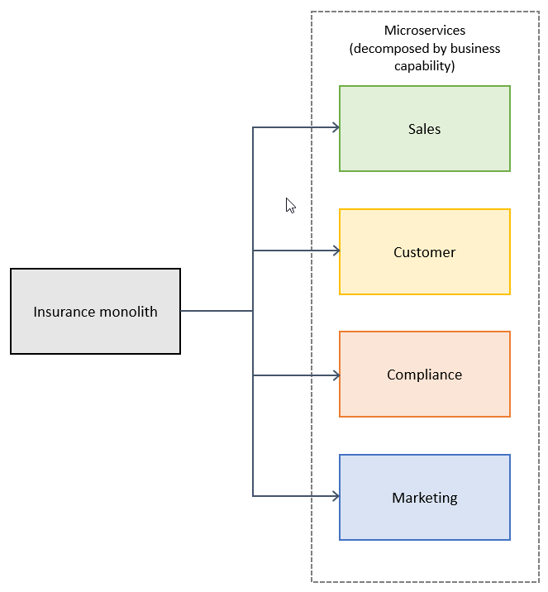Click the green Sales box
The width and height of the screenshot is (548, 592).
click(x=424, y=149)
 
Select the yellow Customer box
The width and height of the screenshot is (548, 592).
click(x=424, y=273)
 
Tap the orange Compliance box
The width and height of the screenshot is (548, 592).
click(x=424, y=395)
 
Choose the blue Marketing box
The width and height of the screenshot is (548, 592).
click(x=424, y=518)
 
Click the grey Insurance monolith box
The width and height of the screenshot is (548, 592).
click(x=95, y=331)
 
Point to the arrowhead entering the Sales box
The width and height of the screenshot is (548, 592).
click(x=336, y=127)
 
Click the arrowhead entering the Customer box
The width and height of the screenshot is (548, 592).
click(x=336, y=251)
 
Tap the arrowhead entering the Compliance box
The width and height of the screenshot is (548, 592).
click(x=336, y=375)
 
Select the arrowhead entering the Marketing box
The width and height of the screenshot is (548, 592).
click(x=336, y=496)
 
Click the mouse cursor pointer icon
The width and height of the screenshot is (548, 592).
click(x=290, y=205)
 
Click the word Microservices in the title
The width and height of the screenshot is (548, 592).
click(x=425, y=31)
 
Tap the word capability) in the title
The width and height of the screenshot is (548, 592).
click(x=425, y=66)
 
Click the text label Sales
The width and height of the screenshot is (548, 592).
click(x=424, y=129)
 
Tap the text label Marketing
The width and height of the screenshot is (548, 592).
click(x=424, y=498)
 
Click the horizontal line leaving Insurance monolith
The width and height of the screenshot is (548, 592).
click(x=216, y=311)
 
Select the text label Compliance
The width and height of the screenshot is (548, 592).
click(x=424, y=375)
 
